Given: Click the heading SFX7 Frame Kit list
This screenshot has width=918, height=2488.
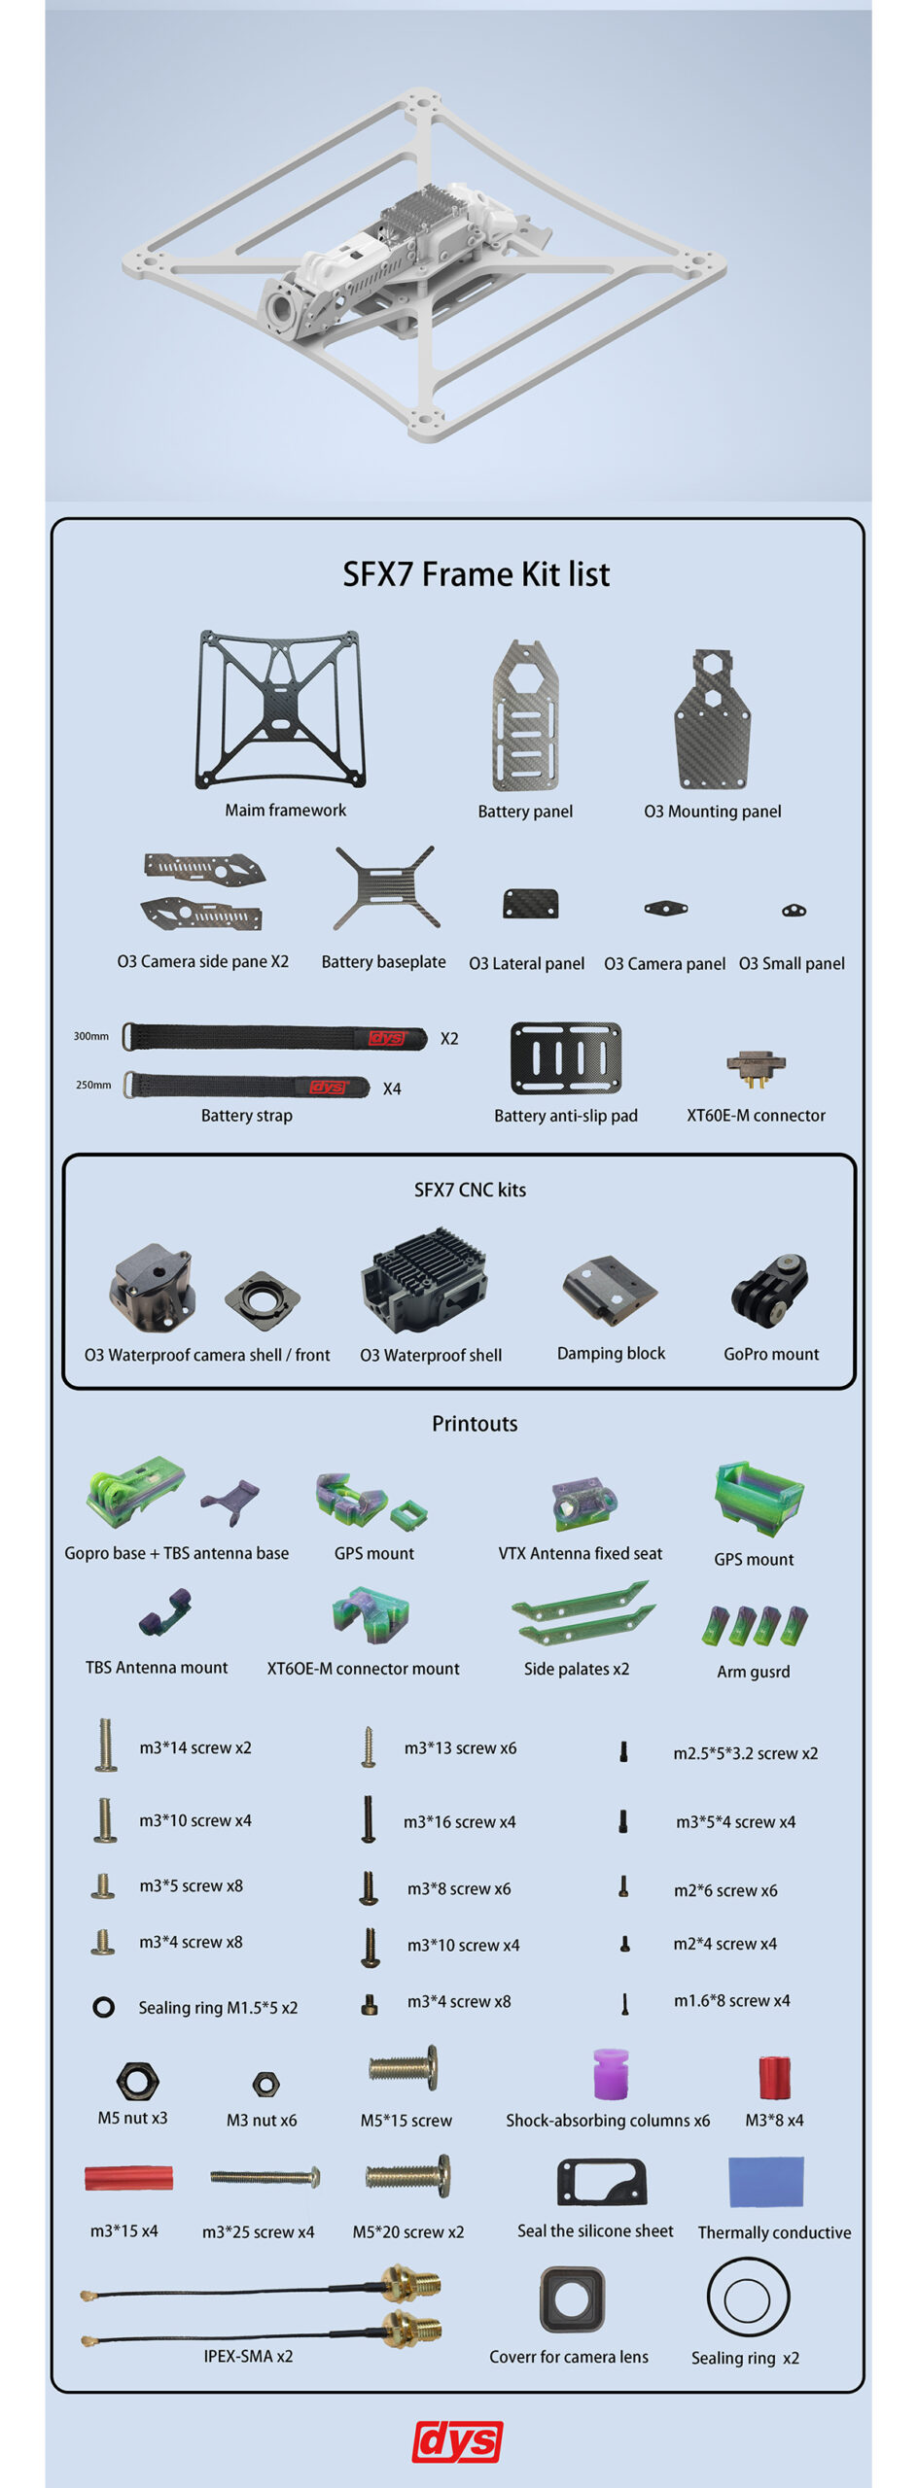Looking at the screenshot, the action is pos(476,574).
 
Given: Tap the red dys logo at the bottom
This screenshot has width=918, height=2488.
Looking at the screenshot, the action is pos(457,2441).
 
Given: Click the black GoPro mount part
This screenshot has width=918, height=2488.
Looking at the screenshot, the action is pos(770,1291).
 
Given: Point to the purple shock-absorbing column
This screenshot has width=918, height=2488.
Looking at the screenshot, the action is pos(611,2075).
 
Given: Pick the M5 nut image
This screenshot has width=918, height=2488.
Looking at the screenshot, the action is pos(137,2081).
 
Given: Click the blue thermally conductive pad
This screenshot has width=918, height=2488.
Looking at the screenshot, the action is pos(766,2181).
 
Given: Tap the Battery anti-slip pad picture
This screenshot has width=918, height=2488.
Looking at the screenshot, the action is pos(566,1058).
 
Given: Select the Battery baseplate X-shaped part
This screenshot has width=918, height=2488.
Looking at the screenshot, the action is pos(385,887).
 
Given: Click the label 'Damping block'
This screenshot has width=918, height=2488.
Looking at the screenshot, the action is pos(611,1353).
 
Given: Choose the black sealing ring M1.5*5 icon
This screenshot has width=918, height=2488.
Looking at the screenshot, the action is pos(103,2007).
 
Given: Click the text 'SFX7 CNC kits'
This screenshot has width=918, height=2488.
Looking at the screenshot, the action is pos(470,1190).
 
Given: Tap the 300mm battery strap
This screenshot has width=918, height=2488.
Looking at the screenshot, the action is pos(274,1037).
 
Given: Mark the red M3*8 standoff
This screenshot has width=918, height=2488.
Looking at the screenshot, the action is pos(774,2077).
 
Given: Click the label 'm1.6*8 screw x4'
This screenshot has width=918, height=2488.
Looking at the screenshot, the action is pos(731,2000).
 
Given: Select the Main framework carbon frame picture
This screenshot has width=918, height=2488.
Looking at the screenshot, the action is pos(280,709).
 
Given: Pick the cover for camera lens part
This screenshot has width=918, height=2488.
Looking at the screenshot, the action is pos(572,2299).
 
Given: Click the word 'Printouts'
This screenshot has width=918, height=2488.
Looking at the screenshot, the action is pos(475,1424).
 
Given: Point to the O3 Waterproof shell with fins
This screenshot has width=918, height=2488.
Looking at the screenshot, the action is pos(424,1279).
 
